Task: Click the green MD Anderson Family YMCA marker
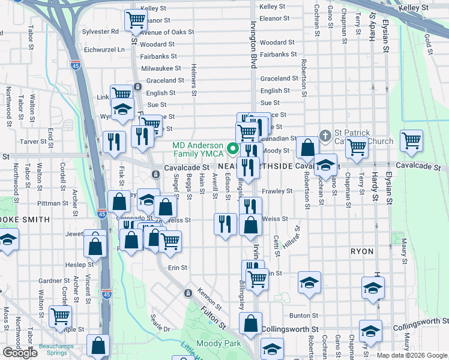pos(232,147)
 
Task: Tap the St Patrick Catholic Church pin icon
pos(325,134)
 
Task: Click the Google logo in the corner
pos(20,353)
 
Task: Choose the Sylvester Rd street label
pos(101,31)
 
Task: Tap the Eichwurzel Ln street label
pos(104,49)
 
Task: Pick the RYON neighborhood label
pos(363,251)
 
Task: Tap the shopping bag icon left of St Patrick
pos(307,147)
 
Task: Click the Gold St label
pos(428,41)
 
